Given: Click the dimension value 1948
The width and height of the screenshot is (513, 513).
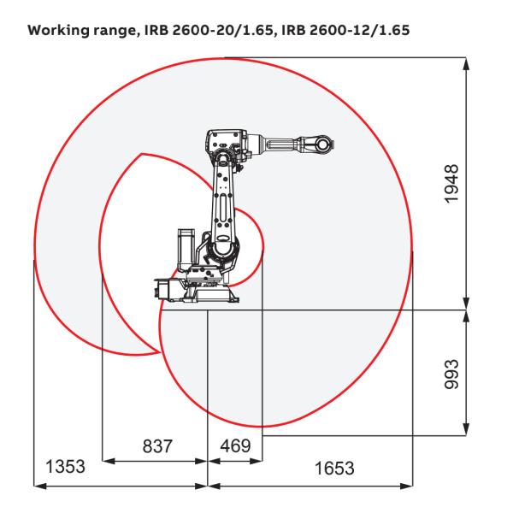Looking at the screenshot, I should (453, 181).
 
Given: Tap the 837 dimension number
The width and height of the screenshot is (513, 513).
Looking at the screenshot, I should (156, 447).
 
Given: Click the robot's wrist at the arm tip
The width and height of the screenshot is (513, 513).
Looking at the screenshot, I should (322, 144).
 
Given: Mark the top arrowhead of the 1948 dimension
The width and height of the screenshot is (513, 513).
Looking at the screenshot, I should (466, 62).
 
